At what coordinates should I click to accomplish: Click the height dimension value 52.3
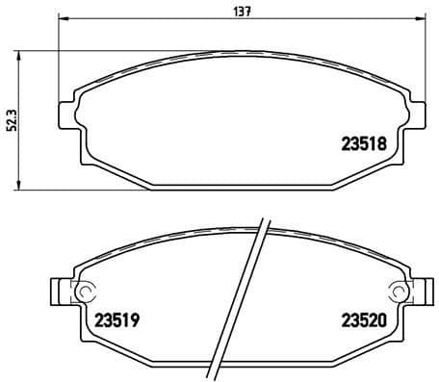11,116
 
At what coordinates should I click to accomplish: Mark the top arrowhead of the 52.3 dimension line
22,51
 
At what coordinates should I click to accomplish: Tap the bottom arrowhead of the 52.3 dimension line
22,185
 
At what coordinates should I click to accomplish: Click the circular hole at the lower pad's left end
84,292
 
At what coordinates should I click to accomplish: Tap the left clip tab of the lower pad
60,292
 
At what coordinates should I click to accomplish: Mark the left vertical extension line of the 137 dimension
60,58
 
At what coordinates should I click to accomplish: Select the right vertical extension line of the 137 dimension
426,58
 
